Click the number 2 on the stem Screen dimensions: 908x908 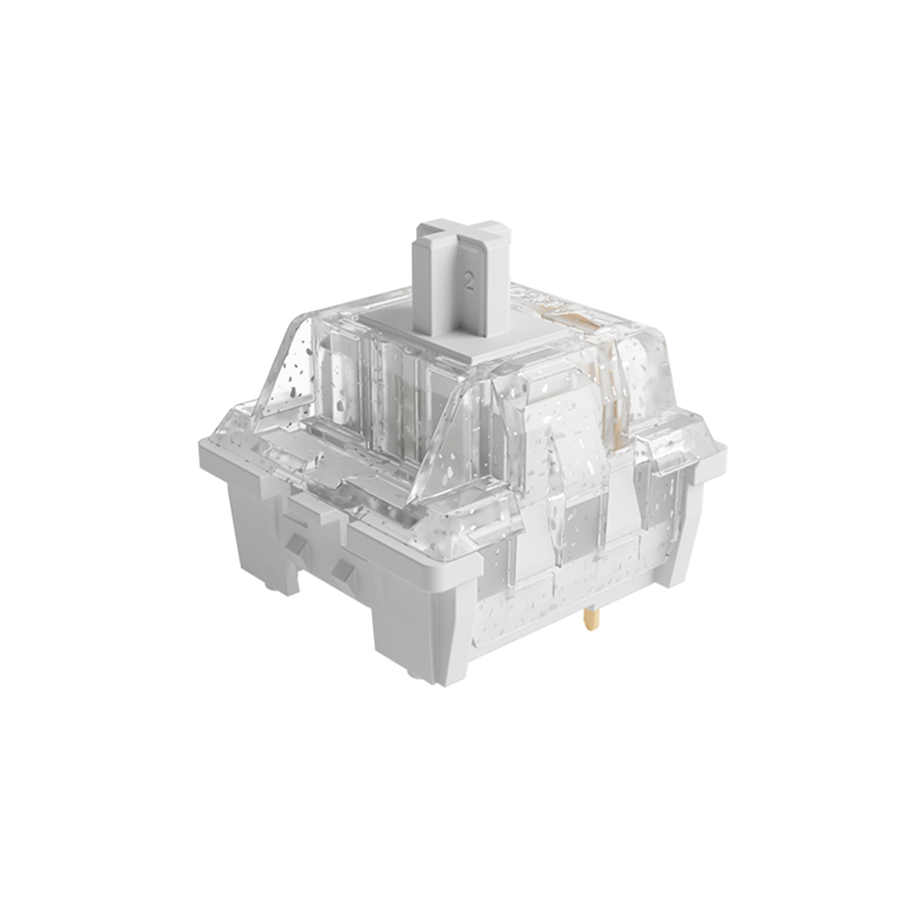(469, 283)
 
